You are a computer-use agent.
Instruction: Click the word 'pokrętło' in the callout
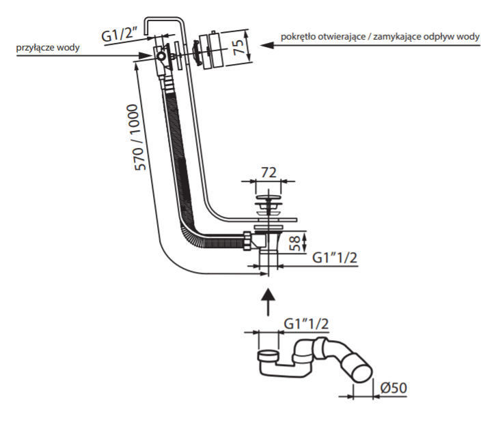pos(296,36)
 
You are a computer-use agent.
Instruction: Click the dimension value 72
pos(267,172)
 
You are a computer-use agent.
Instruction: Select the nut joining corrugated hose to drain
pos(245,241)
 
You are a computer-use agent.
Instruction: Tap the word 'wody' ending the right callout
pos(467,36)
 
